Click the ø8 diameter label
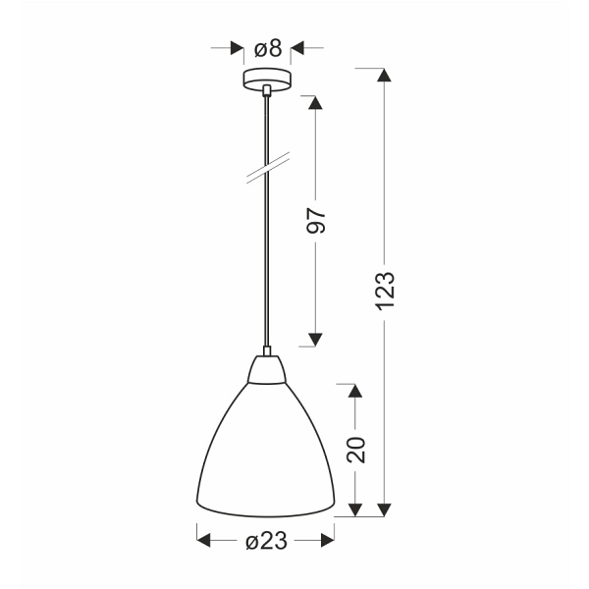[x=267, y=48]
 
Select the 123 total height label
[x=385, y=291]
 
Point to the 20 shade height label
[x=355, y=449]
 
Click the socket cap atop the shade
[x=266, y=367]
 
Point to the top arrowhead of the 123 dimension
[x=385, y=76]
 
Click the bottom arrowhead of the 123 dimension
[x=385, y=509]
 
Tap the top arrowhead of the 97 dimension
[x=315, y=103]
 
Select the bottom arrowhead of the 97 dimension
[x=315, y=339]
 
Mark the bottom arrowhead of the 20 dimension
[x=355, y=509]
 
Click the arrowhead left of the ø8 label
[x=236, y=48]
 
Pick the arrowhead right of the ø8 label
[x=298, y=48]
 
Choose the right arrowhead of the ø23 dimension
[x=328, y=539]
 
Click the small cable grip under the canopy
[x=266, y=91]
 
